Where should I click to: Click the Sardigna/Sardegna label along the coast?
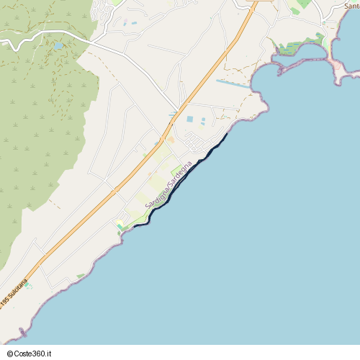pyautogui.click(x=168, y=185)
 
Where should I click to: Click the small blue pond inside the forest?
pyautogui.click(x=58, y=45)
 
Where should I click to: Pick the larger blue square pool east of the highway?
pyautogui.click(x=190, y=119)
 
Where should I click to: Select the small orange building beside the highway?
pyautogui.click(x=171, y=140)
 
